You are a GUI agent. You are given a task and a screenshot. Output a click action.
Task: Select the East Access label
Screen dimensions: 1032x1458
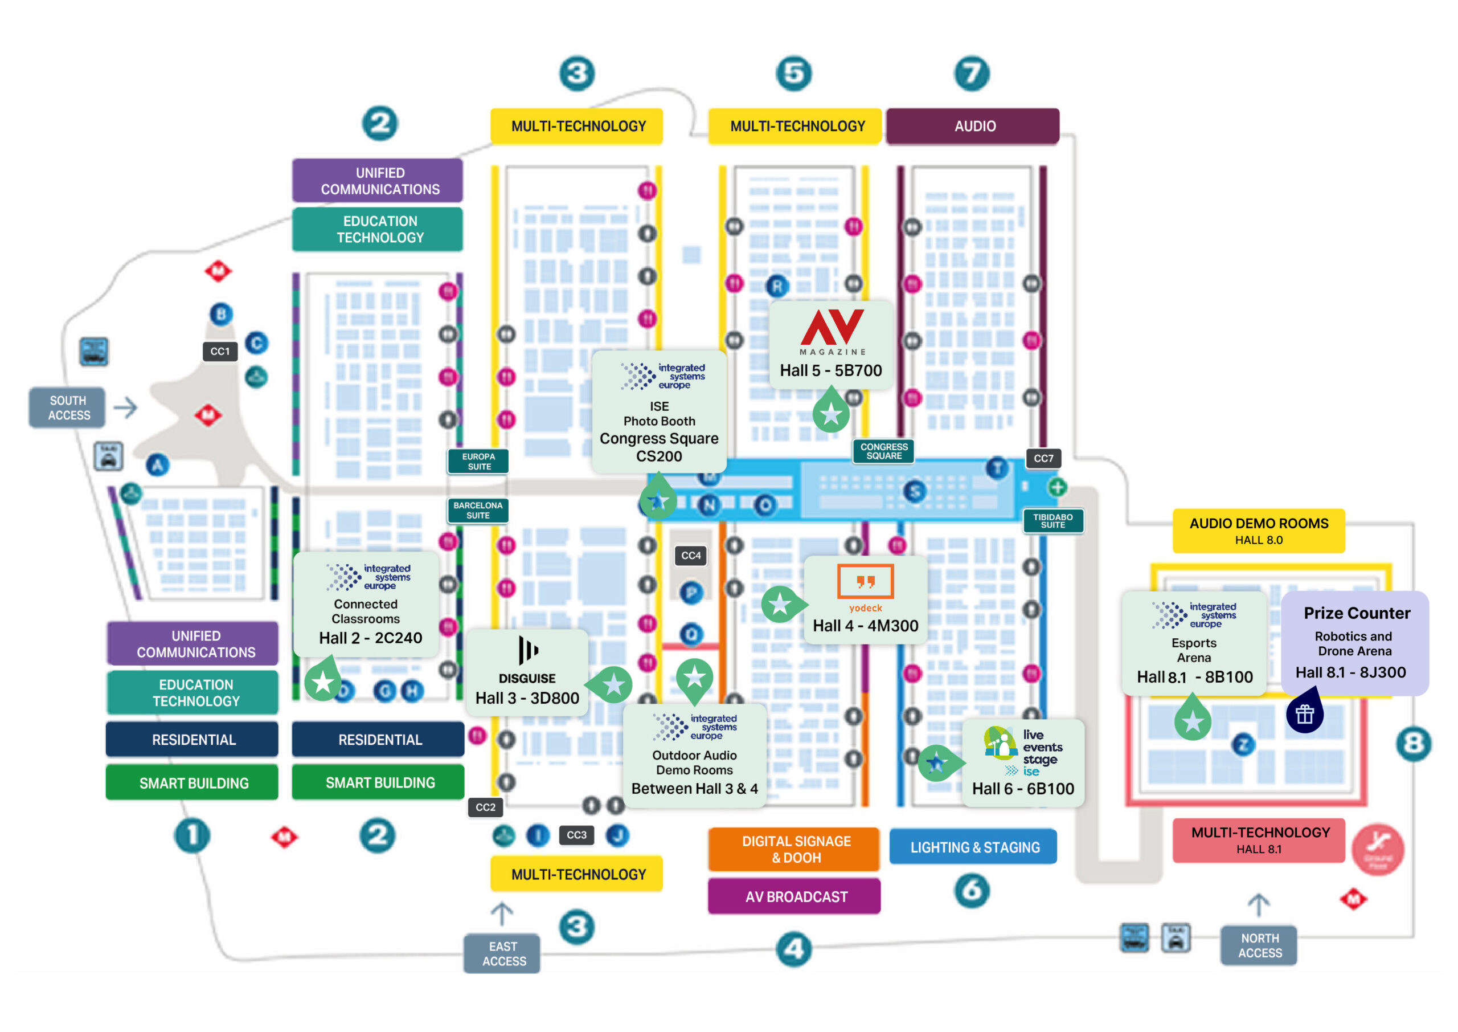click(502, 953)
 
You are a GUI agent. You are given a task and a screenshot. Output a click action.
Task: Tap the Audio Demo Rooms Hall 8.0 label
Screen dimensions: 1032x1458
click(1258, 531)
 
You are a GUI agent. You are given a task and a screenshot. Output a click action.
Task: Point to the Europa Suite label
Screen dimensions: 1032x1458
click(478, 462)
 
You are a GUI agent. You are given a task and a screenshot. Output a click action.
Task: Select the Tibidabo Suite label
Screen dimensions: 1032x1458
click(1052, 520)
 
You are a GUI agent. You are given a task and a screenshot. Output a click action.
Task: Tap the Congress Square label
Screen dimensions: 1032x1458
click(883, 451)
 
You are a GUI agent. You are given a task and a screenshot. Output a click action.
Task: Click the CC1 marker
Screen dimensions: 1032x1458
click(220, 352)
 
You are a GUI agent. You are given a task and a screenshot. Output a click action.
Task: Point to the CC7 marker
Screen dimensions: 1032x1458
click(1043, 458)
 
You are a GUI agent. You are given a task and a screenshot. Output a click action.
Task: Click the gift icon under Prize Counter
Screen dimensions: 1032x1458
click(1304, 714)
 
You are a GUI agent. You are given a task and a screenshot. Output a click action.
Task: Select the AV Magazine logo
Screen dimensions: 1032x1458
click(832, 332)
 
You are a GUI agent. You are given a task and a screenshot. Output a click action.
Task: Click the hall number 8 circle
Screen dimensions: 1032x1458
click(1413, 743)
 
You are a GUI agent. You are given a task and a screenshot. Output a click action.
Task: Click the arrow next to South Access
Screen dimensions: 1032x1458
click(126, 407)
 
